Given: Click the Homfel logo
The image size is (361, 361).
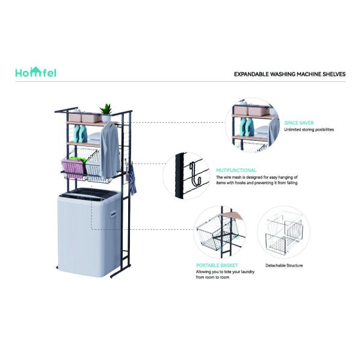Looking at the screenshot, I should tap(36, 73).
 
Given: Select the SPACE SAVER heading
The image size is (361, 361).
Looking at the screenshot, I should tap(299, 123).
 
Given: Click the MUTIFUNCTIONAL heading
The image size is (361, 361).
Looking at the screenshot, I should tap(236, 170).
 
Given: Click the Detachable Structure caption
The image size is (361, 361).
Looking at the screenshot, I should tap(284, 265).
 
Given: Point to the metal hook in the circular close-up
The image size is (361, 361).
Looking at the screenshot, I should tap(193, 174).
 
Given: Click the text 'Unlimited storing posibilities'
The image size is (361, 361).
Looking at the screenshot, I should tap(309, 129).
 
